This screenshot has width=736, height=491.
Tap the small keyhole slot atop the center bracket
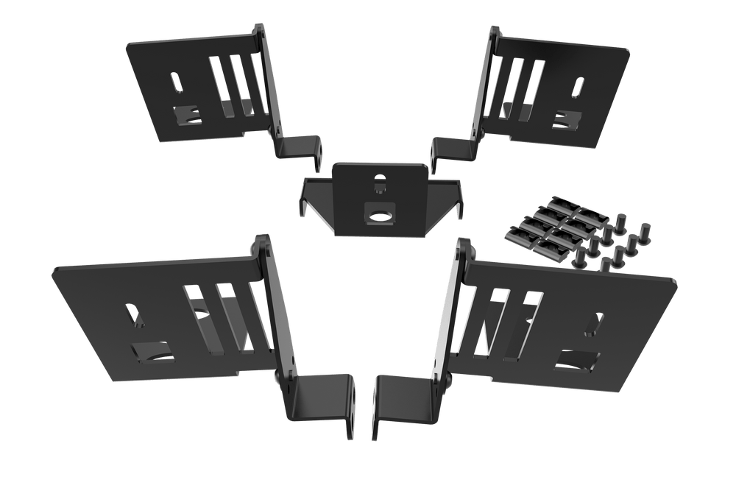tap(380, 180)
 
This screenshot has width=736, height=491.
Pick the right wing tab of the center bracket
tap(456, 197)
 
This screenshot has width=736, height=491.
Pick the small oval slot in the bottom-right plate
tap(598, 324)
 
